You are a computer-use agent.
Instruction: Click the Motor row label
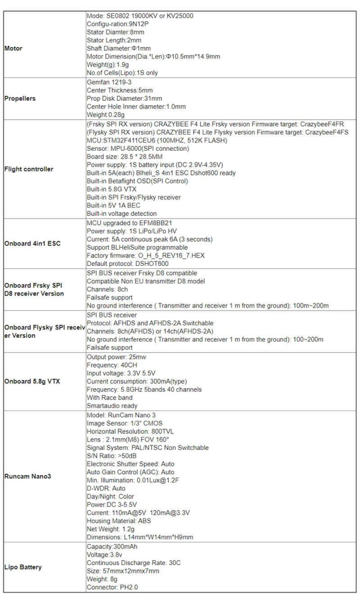click(13, 49)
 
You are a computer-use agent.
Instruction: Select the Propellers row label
click(20, 99)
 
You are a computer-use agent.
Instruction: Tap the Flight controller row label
click(29, 169)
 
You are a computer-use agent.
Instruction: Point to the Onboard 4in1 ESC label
click(32, 243)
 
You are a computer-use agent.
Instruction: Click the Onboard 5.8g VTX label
click(32, 382)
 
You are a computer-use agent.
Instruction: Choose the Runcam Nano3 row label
click(27, 476)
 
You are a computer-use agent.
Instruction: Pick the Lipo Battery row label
click(23, 567)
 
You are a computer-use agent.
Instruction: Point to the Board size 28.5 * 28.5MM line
click(124, 157)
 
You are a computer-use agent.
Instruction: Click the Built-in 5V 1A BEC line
click(113, 206)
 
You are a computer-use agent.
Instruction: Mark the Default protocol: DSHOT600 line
click(127, 264)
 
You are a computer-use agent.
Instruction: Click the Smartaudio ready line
click(112, 406)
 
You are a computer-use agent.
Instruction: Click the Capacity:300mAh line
click(112, 547)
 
